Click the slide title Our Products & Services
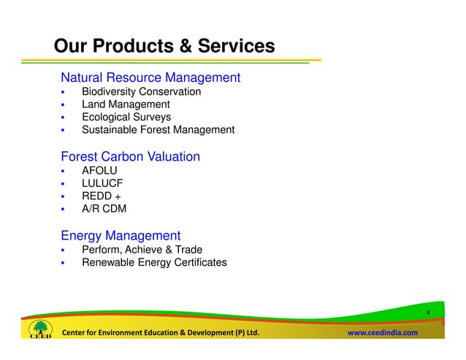(x=164, y=47)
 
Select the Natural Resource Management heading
(x=150, y=77)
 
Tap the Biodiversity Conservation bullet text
(x=141, y=92)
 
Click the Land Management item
(x=126, y=104)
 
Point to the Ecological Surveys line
(x=126, y=117)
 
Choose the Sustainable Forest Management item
(x=158, y=130)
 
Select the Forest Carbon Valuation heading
(x=131, y=156)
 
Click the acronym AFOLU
(x=99, y=171)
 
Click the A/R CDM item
(x=104, y=209)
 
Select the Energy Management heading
(x=121, y=235)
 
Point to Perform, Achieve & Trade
(x=142, y=250)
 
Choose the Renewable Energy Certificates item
(x=154, y=262)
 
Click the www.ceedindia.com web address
(x=382, y=333)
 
